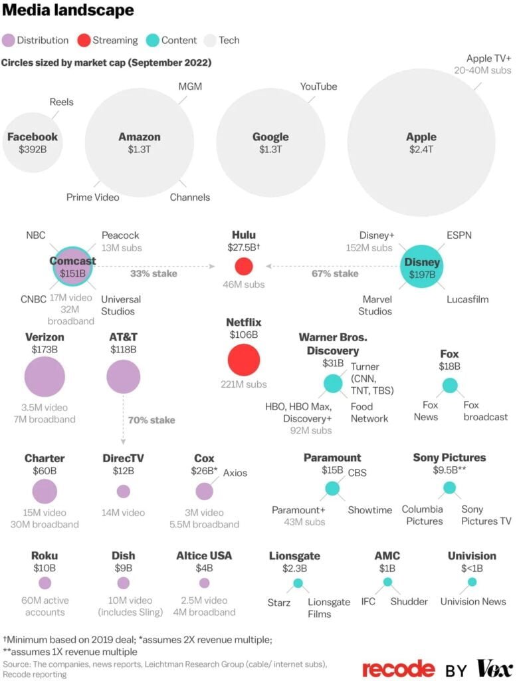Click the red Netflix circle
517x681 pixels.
(x=243, y=360)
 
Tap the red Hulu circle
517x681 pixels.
(x=244, y=266)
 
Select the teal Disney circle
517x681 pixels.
(x=422, y=266)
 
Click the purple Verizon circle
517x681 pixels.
(x=45, y=376)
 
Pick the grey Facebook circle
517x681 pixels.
(x=32, y=142)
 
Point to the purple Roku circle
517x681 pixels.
(x=45, y=583)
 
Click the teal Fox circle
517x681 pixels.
(x=450, y=385)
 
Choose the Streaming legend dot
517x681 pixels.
(x=84, y=40)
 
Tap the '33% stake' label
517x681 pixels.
(x=136, y=272)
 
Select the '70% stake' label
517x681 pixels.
(x=152, y=420)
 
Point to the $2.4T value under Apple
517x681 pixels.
(x=421, y=150)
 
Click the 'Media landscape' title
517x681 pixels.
(x=68, y=11)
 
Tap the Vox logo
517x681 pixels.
(x=494, y=668)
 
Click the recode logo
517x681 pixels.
(x=398, y=668)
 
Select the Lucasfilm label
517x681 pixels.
(x=467, y=299)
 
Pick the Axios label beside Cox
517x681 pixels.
(x=235, y=473)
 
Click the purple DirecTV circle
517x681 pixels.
(x=123, y=491)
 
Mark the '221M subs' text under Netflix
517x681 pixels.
(x=243, y=384)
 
